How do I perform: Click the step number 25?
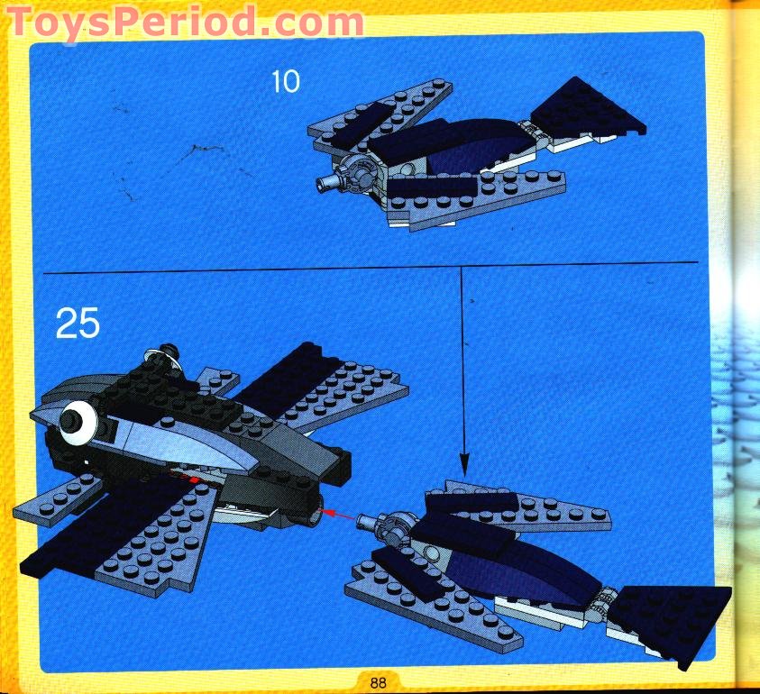pos(78,323)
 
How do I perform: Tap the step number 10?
pos(285,82)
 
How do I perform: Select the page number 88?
pos(378,682)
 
